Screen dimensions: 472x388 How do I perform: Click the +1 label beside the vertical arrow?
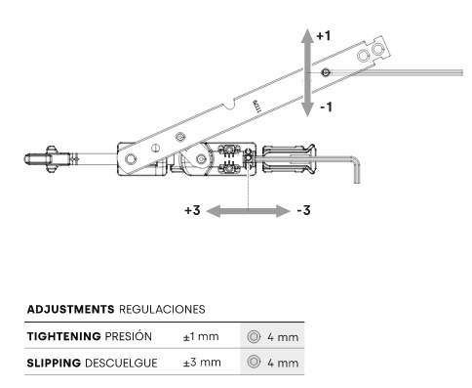click(324, 35)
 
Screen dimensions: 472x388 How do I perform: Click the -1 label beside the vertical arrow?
click(326, 107)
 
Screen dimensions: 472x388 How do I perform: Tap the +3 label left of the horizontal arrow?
click(192, 210)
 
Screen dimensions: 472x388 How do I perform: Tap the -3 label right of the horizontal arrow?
click(303, 210)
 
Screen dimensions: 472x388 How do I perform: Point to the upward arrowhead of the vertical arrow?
click(307, 35)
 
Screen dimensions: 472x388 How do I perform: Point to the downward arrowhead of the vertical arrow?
click(307, 109)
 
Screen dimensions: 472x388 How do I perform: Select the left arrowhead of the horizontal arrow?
click(214, 211)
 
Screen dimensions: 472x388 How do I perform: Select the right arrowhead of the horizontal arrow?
click(283, 211)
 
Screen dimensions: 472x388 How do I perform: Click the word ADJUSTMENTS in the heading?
click(70, 309)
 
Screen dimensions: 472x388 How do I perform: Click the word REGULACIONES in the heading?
click(162, 309)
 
